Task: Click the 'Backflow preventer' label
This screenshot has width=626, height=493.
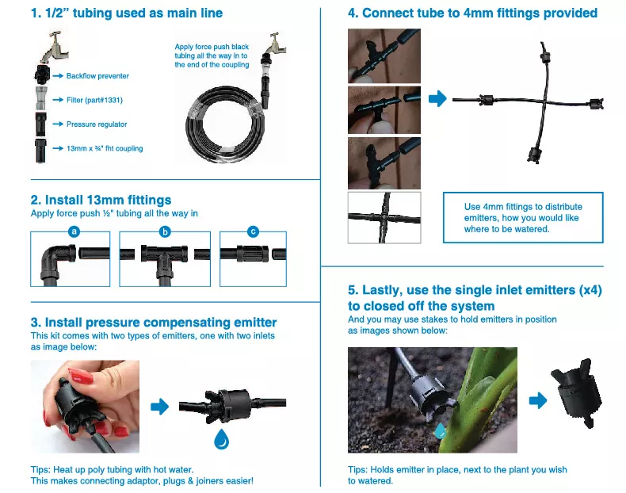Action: pyautogui.click(x=97, y=76)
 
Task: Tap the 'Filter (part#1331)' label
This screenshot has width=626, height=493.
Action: pyautogui.click(x=94, y=100)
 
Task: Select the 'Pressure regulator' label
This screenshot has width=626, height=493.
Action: pyautogui.click(x=97, y=124)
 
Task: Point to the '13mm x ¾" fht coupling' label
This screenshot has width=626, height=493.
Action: pyautogui.click(x=105, y=148)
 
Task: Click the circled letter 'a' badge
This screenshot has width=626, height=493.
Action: pyautogui.click(x=74, y=231)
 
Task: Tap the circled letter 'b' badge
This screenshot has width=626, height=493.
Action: pyautogui.click(x=165, y=231)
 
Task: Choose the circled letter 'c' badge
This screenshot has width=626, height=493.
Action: pyautogui.click(x=253, y=231)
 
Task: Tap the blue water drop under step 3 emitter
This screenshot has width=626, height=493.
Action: pyautogui.click(x=221, y=439)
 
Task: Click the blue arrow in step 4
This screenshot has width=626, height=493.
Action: pyautogui.click(x=437, y=98)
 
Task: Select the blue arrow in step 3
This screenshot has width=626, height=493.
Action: pyautogui.click(x=160, y=407)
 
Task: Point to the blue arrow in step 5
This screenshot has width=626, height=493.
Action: pyautogui.click(x=538, y=400)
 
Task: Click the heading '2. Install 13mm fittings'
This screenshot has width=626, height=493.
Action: pyautogui.click(x=101, y=200)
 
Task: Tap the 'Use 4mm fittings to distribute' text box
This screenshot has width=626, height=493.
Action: pyautogui.click(x=523, y=217)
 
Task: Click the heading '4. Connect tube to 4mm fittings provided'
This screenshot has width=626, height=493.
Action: pyautogui.click(x=473, y=13)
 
